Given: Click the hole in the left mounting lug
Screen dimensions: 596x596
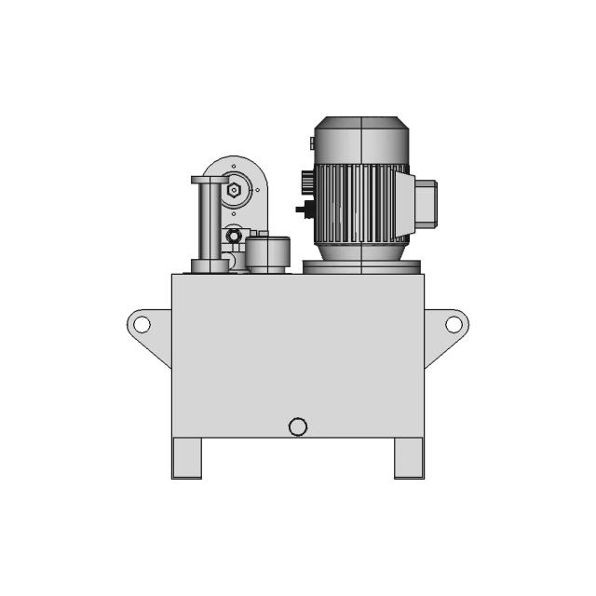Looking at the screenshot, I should pos(142,324).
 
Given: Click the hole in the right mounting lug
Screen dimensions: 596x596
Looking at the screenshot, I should pos(454,324).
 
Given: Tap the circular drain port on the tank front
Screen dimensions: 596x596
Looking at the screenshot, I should pos(298,427).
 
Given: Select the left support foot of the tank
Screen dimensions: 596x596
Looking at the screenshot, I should pos(186,457).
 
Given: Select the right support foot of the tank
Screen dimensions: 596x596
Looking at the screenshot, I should pos(409,457).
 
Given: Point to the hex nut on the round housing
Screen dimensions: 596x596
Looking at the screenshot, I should pos(234,194).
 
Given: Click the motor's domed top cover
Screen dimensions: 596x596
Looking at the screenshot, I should pos(359,140).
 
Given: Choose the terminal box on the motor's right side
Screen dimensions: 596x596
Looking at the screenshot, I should pos(424,203).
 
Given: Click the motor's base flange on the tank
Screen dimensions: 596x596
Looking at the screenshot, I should pos(361,267).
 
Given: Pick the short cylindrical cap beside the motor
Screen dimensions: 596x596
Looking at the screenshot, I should pos(267,254).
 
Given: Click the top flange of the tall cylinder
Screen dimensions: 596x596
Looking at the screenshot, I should pos(210,180).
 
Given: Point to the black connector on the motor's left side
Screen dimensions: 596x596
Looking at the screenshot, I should pos(303,209).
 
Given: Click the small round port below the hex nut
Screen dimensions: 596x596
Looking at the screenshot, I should pos(232,234).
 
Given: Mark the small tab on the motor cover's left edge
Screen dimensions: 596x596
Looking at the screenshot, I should pos(310,142).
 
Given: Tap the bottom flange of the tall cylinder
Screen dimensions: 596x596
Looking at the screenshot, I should pos(210,266).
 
